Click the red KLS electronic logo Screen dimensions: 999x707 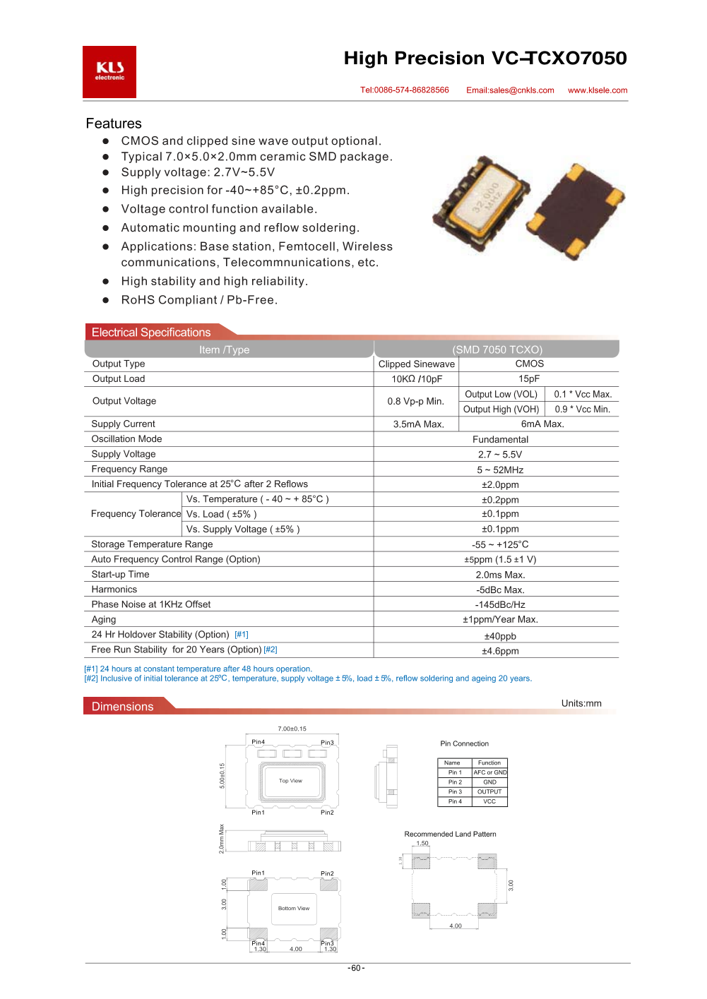[109, 71]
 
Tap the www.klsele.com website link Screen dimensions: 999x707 [598, 90]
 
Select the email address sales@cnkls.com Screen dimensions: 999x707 [510, 90]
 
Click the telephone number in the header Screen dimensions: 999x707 [405, 90]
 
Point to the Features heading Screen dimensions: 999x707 [114, 124]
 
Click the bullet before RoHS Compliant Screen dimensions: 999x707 [106, 300]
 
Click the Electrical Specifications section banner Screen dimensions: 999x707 [151, 333]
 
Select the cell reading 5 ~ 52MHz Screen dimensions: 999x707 [500, 470]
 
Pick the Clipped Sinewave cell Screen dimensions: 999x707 [417, 364]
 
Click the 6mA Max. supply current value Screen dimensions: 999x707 [542, 424]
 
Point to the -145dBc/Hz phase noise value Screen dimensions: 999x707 [500, 605]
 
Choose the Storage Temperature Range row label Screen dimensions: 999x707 [152, 544]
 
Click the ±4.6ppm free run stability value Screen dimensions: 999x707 [500, 652]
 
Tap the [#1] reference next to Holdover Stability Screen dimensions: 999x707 [242, 635]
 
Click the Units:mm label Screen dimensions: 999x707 [581, 703]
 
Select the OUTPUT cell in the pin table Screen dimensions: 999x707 [489, 792]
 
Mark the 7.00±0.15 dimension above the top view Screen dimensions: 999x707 [292, 729]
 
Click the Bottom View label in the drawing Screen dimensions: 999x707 [294, 909]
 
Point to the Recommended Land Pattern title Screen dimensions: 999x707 [450, 835]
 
